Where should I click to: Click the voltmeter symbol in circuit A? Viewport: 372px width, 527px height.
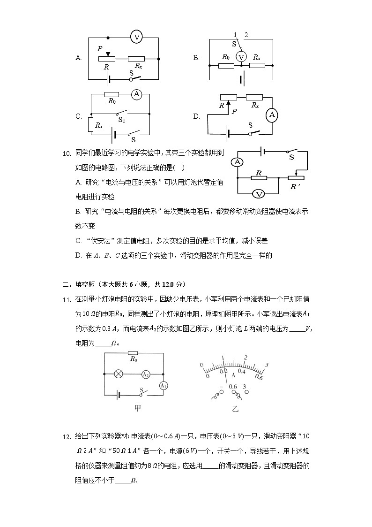click(136, 37)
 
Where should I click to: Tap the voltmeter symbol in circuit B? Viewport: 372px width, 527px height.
click(241, 57)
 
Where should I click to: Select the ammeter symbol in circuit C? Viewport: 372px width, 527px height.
click(136, 94)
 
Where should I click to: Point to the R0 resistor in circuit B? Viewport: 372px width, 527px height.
click(226, 65)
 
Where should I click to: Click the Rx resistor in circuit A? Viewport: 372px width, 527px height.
click(136, 59)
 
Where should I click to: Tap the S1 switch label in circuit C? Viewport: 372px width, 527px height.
click(121, 120)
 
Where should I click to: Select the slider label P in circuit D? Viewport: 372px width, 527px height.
click(234, 112)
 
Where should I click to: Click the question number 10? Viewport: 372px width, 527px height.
click(67, 153)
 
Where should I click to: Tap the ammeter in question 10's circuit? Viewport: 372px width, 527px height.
click(238, 162)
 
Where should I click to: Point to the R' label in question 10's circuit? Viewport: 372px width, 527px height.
click(295, 186)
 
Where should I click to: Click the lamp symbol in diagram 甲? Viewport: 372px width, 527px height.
click(119, 374)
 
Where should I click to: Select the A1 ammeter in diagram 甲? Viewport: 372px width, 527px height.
click(163, 385)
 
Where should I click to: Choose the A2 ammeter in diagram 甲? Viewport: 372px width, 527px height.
click(146, 374)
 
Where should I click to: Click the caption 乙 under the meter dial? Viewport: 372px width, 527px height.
click(235, 408)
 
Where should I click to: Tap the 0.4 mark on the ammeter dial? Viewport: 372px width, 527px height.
click(242, 371)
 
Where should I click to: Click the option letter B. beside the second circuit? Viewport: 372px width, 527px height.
click(196, 58)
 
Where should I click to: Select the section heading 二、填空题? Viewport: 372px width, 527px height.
click(79, 284)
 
